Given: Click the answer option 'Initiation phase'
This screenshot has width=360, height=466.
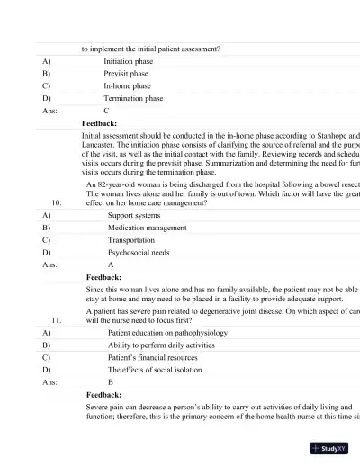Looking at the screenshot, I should (128, 61).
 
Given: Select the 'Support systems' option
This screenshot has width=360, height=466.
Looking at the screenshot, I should (135, 216).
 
